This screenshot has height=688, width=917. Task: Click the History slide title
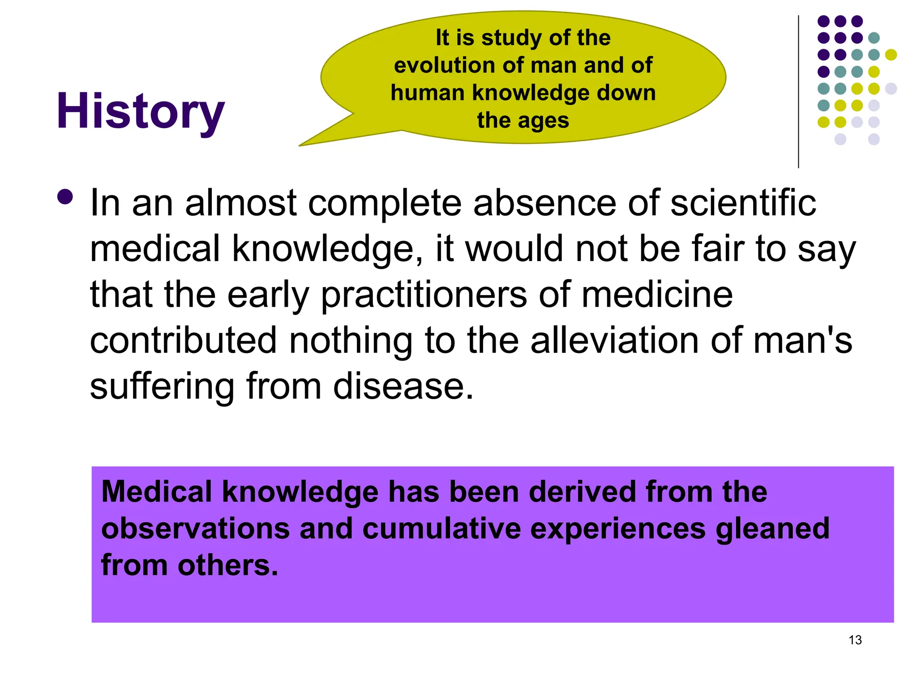pyautogui.click(x=140, y=111)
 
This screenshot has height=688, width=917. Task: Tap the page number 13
pyautogui.click(x=855, y=640)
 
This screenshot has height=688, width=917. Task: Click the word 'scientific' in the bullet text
pyautogui.click(x=743, y=203)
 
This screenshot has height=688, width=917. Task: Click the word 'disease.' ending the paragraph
pyautogui.click(x=403, y=386)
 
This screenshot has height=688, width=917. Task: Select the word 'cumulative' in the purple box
pyautogui.click(x=441, y=529)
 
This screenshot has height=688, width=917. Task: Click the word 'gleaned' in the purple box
pyautogui.click(x=772, y=529)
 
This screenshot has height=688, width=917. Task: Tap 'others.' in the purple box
pyautogui.click(x=228, y=565)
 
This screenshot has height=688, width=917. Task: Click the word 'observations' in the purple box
pyautogui.click(x=195, y=529)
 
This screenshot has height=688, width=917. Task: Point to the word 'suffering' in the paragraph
pyautogui.click(x=162, y=386)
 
